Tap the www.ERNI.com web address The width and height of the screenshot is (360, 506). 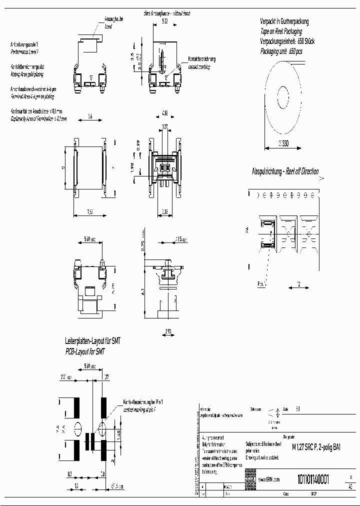pos(268,479)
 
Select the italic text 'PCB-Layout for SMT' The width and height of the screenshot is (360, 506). pos(87,351)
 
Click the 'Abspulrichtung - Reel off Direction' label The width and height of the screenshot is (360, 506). pos(284,171)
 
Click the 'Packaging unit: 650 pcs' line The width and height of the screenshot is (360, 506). pos(281,51)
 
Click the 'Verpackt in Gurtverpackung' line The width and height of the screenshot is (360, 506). pos(284,21)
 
